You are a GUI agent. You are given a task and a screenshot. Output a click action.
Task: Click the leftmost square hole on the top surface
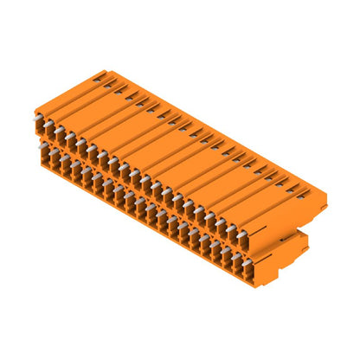pyautogui.click(x=97, y=80)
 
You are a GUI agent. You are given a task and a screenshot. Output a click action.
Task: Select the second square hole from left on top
pyautogui.click(x=107, y=86)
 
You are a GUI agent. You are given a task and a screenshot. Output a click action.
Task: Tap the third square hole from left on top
pyautogui.click(x=119, y=92)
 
